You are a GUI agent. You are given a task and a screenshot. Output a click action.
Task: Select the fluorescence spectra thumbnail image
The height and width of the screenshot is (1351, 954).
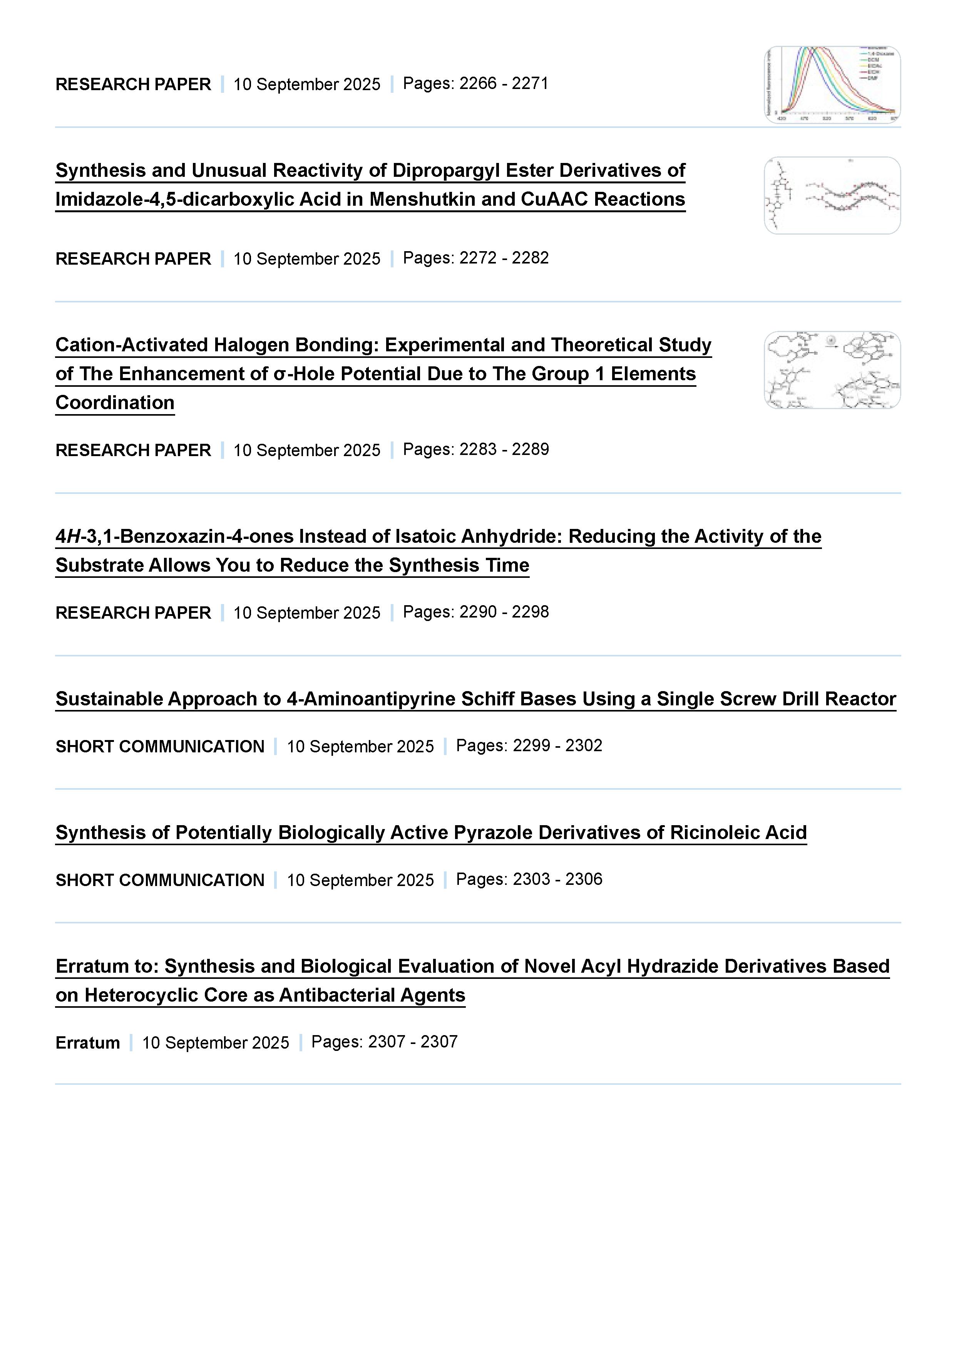[x=832, y=85]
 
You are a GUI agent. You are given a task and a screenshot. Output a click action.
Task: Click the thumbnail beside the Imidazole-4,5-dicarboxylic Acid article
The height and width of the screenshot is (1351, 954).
[x=832, y=195]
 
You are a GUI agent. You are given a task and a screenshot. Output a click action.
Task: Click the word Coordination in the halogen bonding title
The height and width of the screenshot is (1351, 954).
[x=115, y=403]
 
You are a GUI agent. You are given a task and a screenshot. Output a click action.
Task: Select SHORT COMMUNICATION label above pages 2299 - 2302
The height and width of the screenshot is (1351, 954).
[x=160, y=746]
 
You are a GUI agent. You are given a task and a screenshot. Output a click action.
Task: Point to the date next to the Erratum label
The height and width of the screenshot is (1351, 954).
[x=215, y=1043]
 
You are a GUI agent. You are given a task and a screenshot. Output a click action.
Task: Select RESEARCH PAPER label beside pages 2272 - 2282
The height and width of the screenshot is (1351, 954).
[x=133, y=259]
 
